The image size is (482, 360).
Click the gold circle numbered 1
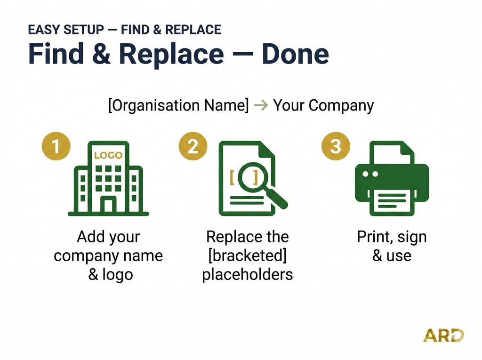pos(56,146)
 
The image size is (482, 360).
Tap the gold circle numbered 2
pos(193,146)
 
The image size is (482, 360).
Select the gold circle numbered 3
pos(336,146)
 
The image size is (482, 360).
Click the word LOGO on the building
pos(108,155)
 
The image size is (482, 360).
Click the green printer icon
pos(392,178)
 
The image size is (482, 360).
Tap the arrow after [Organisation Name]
pos(261,105)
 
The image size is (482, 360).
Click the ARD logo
pos(443,336)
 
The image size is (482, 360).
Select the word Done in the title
pos(296,54)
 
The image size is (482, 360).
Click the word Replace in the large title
pos(171,55)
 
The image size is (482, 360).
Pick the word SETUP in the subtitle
pos(84,30)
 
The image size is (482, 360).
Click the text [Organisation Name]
pos(178,105)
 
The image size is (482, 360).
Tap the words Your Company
pos(323,106)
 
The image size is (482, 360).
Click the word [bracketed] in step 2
pos(248,256)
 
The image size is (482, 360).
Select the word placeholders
pos(248,274)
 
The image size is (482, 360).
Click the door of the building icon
pos(109,204)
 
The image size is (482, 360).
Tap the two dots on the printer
pos(370,174)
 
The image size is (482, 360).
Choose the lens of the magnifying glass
pos(253,177)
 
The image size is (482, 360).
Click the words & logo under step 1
pos(111,274)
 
